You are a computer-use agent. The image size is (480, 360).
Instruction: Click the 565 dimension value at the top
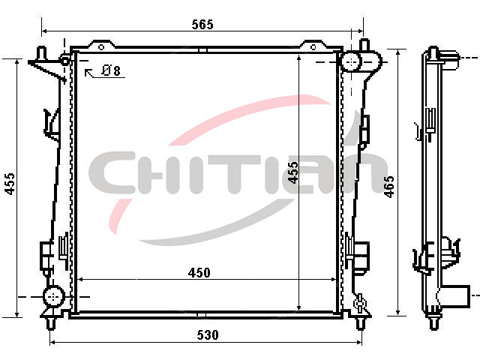tap(202, 25)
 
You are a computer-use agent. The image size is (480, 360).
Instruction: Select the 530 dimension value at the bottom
tap(208, 335)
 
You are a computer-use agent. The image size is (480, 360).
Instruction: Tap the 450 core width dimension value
tap(199, 273)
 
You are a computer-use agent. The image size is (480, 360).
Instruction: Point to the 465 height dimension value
tap(389, 187)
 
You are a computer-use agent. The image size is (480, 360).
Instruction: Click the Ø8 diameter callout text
tap(111, 70)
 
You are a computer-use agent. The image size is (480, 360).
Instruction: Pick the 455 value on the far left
tap(10, 184)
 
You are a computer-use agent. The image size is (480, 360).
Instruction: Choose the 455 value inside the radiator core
tap(293, 172)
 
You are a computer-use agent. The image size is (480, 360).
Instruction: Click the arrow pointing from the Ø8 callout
tap(89, 73)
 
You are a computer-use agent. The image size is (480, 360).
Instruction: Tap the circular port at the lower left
tap(54, 296)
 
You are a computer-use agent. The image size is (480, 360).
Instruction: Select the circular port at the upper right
tap(351, 61)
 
